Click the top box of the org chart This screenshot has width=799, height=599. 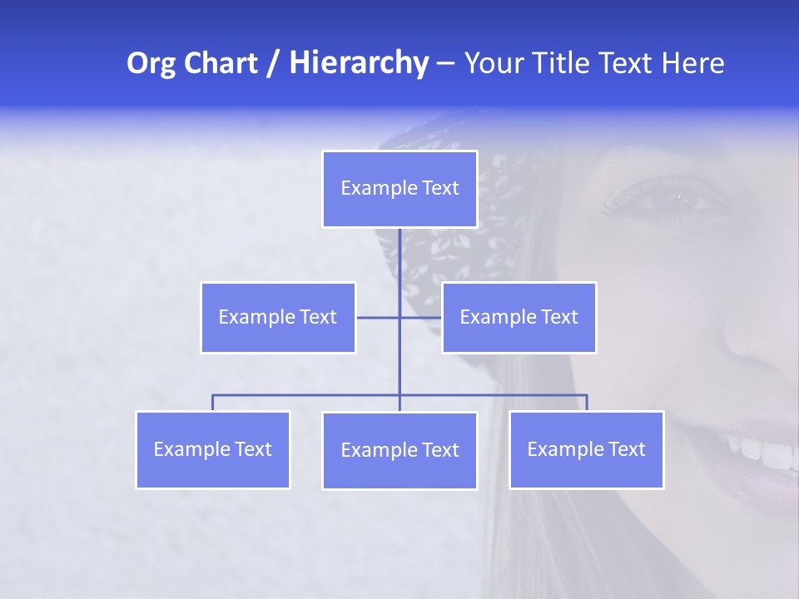point(399,189)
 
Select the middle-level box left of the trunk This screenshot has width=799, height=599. point(278,317)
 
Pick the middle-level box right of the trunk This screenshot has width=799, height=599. point(519,317)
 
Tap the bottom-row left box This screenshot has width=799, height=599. point(213,449)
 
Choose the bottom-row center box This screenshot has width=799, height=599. point(399,450)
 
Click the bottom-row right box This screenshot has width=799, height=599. point(587,449)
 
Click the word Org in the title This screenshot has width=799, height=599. point(151,63)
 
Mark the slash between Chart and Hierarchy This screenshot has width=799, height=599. point(273,63)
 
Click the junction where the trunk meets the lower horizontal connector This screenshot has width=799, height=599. point(399,394)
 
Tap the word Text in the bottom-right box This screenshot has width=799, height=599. point(627,449)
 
